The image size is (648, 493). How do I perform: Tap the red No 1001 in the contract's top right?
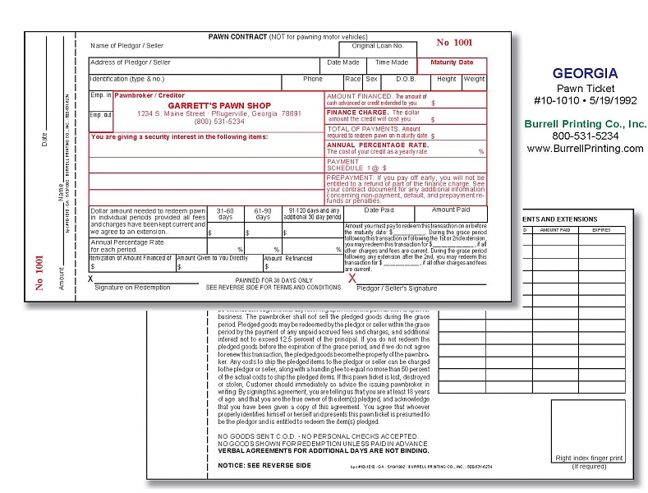[454, 43]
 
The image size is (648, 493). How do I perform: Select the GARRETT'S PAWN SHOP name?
[219, 105]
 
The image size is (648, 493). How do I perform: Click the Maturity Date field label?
[452, 62]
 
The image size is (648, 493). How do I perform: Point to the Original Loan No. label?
[378, 46]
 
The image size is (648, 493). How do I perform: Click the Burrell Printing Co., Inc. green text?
[585, 123]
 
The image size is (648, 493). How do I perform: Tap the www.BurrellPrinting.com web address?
[585, 149]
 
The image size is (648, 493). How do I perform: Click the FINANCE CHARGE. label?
[358, 112]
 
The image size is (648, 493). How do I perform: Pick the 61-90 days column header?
[262, 214]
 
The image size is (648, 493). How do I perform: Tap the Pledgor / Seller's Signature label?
[397, 288]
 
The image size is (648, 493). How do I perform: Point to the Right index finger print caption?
[588, 458]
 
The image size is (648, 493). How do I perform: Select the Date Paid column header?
[379, 210]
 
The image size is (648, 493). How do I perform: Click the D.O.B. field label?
[406, 80]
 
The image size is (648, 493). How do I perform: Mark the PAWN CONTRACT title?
[238, 37]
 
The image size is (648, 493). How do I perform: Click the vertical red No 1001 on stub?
[39, 273]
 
